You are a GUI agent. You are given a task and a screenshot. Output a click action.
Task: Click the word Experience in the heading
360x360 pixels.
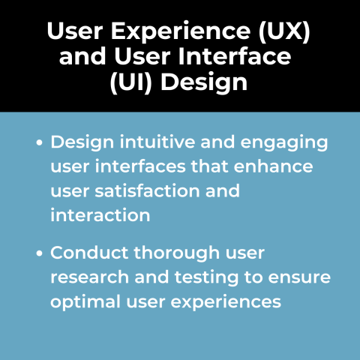point(166,33)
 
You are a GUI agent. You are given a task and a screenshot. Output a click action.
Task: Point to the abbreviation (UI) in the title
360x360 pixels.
point(130,80)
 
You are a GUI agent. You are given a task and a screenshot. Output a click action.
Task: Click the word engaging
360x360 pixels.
point(274,142)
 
